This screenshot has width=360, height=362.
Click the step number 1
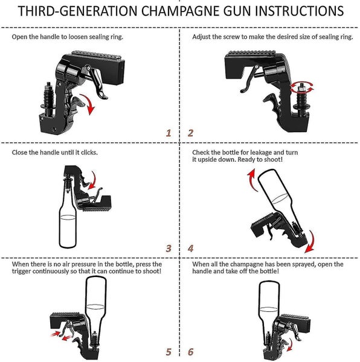(x=169, y=133)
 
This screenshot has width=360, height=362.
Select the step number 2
(x=190, y=133)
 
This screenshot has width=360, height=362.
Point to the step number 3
(x=169, y=248)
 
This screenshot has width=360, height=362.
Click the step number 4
(x=190, y=248)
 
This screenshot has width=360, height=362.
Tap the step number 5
(x=169, y=352)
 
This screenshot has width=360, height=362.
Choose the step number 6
(x=190, y=352)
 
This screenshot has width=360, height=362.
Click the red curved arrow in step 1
(x=91, y=106)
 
